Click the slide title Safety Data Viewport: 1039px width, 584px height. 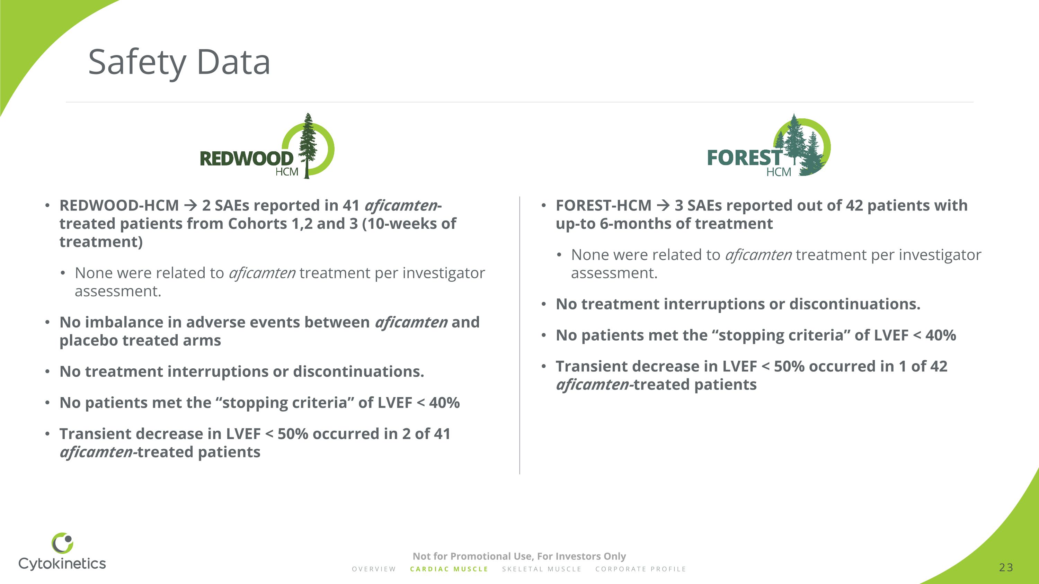[179, 62]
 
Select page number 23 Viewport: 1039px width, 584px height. [1006, 567]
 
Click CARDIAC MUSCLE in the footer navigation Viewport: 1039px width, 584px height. [449, 569]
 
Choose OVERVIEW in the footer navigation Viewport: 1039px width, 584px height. [374, 569]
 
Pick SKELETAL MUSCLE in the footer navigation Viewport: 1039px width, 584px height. [542, 569]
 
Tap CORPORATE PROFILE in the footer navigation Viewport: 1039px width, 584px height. [640, 569]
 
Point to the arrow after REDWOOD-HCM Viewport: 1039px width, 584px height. [190, 206]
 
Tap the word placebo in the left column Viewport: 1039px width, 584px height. [88, 341]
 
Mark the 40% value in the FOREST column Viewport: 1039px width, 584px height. [941, 335]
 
